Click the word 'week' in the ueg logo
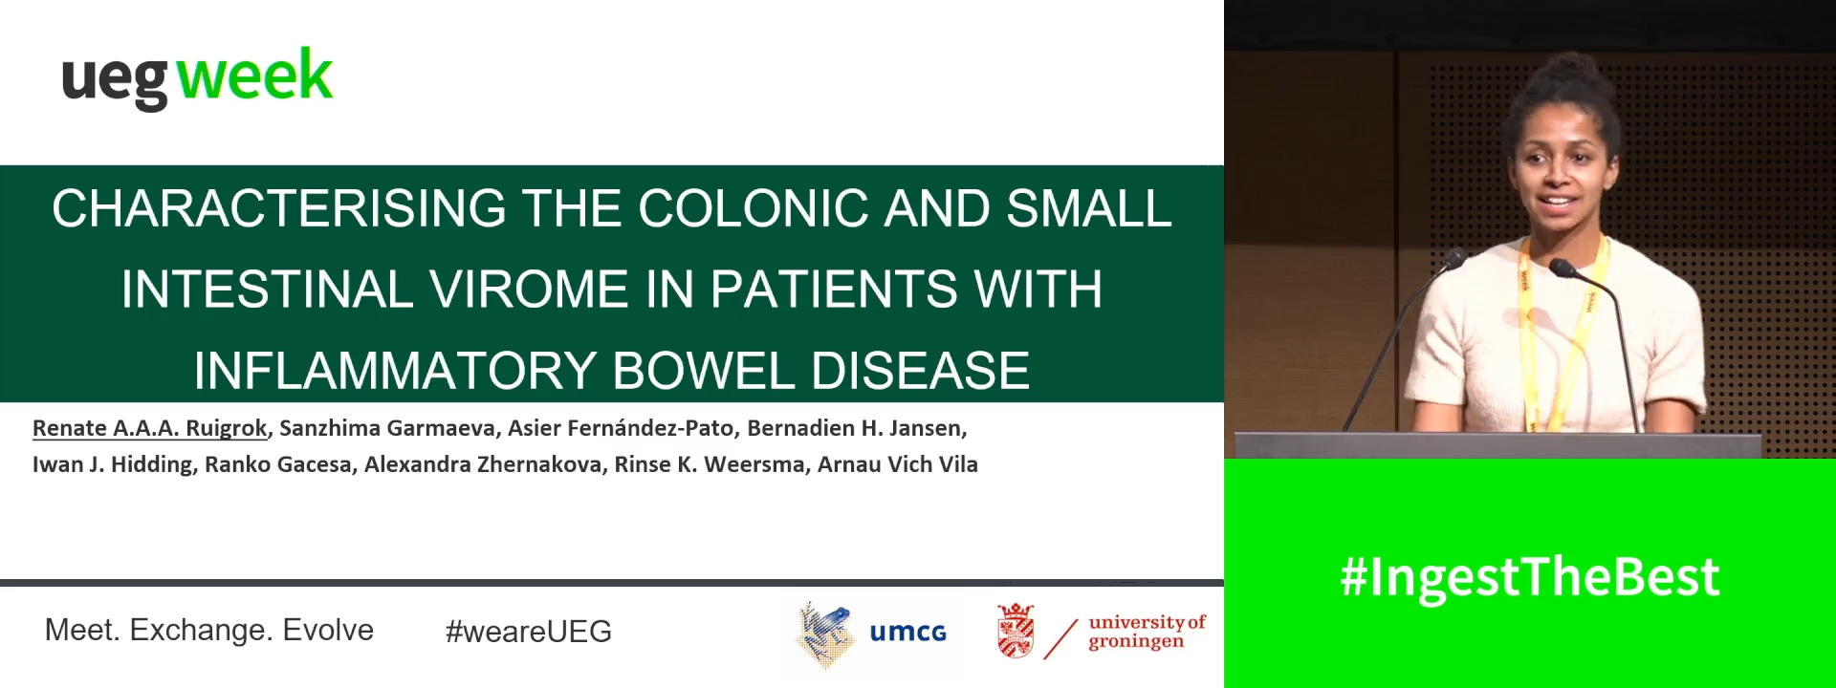(x=254, y=76)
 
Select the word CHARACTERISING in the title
(x=278, y=208)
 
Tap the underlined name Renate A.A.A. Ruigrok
(x=149, y=428)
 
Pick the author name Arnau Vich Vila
(x=897, y=464)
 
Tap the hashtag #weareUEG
(x=528, y=632)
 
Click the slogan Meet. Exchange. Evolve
(x=208, y=631)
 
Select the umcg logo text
(x=907, y=633)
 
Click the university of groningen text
(x=1146, y=632)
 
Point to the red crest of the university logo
(x=1015, y=632)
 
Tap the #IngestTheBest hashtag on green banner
(x=1529, y=577)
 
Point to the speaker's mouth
(x=1559, y=202)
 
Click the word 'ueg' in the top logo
(x=115, y=80)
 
